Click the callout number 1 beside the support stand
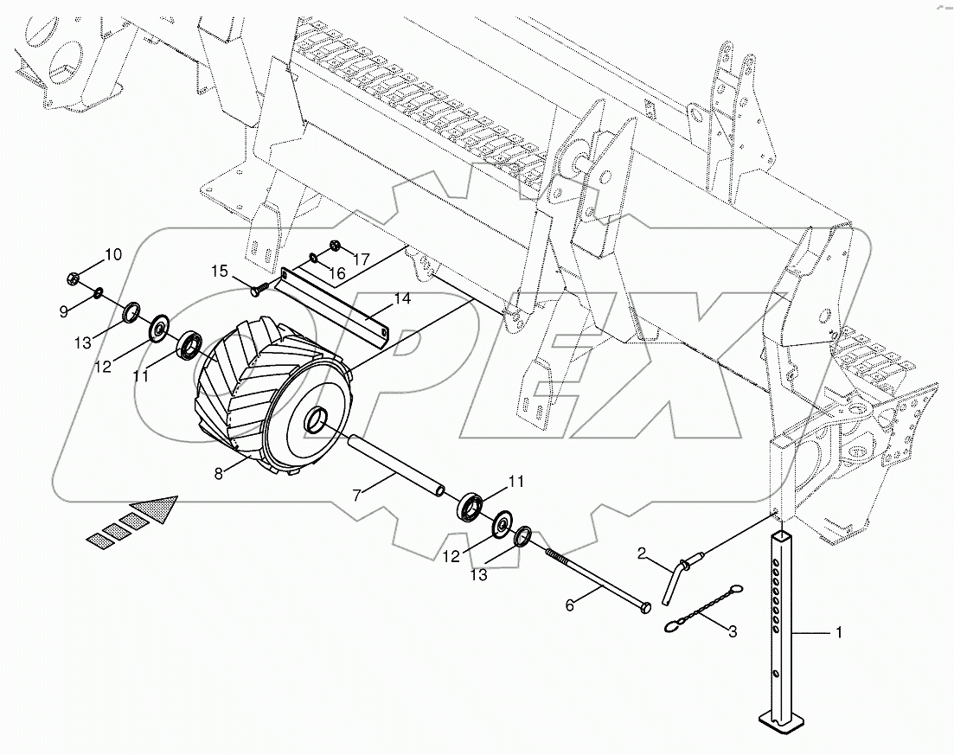837,634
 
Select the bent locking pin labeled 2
673,579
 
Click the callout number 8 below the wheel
218,473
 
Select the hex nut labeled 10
74,278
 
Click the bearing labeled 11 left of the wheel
189,347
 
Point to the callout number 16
336,274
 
